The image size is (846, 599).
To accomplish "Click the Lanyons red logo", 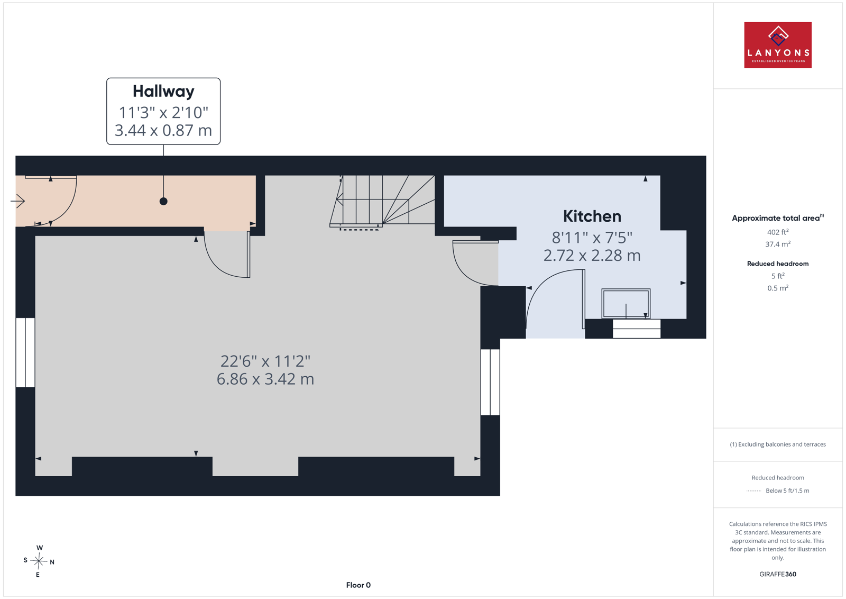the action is (x=778, y=45).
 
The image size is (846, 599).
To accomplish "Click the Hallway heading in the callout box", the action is (x=163, y=92).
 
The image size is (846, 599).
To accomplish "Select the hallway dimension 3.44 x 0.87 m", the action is (x=163, y=130).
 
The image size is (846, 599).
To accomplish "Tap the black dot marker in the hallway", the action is (x=163, y=202).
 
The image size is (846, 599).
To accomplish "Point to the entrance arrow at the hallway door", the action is (x=18, y=201).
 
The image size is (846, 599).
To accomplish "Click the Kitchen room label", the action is (x=592, y=216).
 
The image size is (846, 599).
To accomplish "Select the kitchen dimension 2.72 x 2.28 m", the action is (x=592, y=256).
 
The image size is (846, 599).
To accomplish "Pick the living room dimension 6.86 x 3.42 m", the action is (x=265, y=379).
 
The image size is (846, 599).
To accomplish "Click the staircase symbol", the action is (x=382, y=202).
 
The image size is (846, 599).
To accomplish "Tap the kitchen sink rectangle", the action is (x=626, y=303).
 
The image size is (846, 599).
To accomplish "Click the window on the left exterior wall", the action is (x=25, y=352).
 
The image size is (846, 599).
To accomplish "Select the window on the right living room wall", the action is (x=490, y=382).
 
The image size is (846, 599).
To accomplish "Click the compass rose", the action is (x=39, y=561).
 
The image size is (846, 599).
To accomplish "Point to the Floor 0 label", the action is (x=358, y=585).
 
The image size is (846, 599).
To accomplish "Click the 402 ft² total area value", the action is (x=778, y=232).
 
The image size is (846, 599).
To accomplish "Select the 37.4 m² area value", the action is (x=778, y=244).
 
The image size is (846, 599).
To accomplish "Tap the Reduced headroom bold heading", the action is (x=778, y=264).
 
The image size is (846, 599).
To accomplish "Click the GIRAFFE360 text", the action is (x=778, y=574).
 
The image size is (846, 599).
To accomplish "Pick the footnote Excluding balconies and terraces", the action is (x=778, y=444).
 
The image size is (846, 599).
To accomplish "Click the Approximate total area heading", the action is (x=778, y=218).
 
